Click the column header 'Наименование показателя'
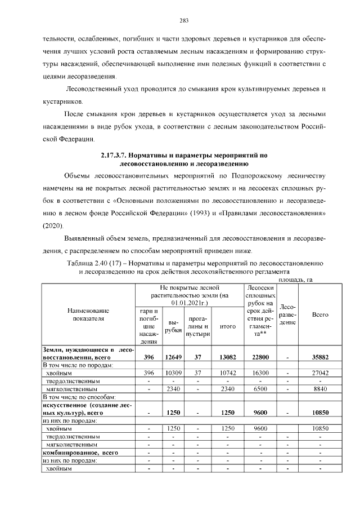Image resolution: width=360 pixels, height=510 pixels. pyautogui.click(x=88, y=314)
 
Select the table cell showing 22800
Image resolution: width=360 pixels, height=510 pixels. pyautogui.click(x=260, y=357)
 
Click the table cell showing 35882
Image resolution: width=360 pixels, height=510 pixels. pyautogui.click(x=320, y=357)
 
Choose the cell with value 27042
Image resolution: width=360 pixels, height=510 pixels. pyautogui.click(x=320, y=373)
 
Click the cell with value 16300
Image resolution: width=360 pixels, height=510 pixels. pyautogui.click(x=260, y=373)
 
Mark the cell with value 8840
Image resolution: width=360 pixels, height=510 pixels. pyautogui.click(x=320, y=389)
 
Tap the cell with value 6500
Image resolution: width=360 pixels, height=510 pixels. pyautogui.click(x=260, y=389)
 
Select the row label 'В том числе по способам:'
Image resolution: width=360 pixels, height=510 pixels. pyautogui.click(x=75, y=397)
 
